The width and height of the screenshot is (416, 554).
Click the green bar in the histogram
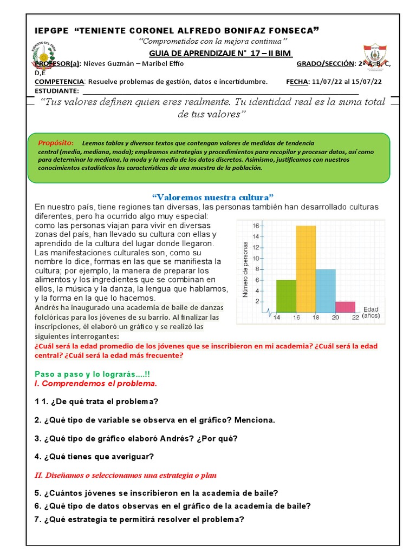[x=286, y=296]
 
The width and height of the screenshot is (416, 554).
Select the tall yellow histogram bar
[x=306, y=269]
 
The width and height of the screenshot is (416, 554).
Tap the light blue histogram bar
[x=326, y=291]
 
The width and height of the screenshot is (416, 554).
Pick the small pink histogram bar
[x=345, y=307]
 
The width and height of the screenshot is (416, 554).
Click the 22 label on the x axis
[x=355, y=318]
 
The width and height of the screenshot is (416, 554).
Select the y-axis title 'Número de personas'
[x=245, y=268]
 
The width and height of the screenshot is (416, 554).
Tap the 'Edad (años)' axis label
[x=371, y=312]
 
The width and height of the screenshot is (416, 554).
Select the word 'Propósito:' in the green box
[x=56, y=143]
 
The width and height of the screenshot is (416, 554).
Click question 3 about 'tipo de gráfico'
[x=136, y=438]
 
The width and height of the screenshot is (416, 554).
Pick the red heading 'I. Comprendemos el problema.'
[x=96, y=384]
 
